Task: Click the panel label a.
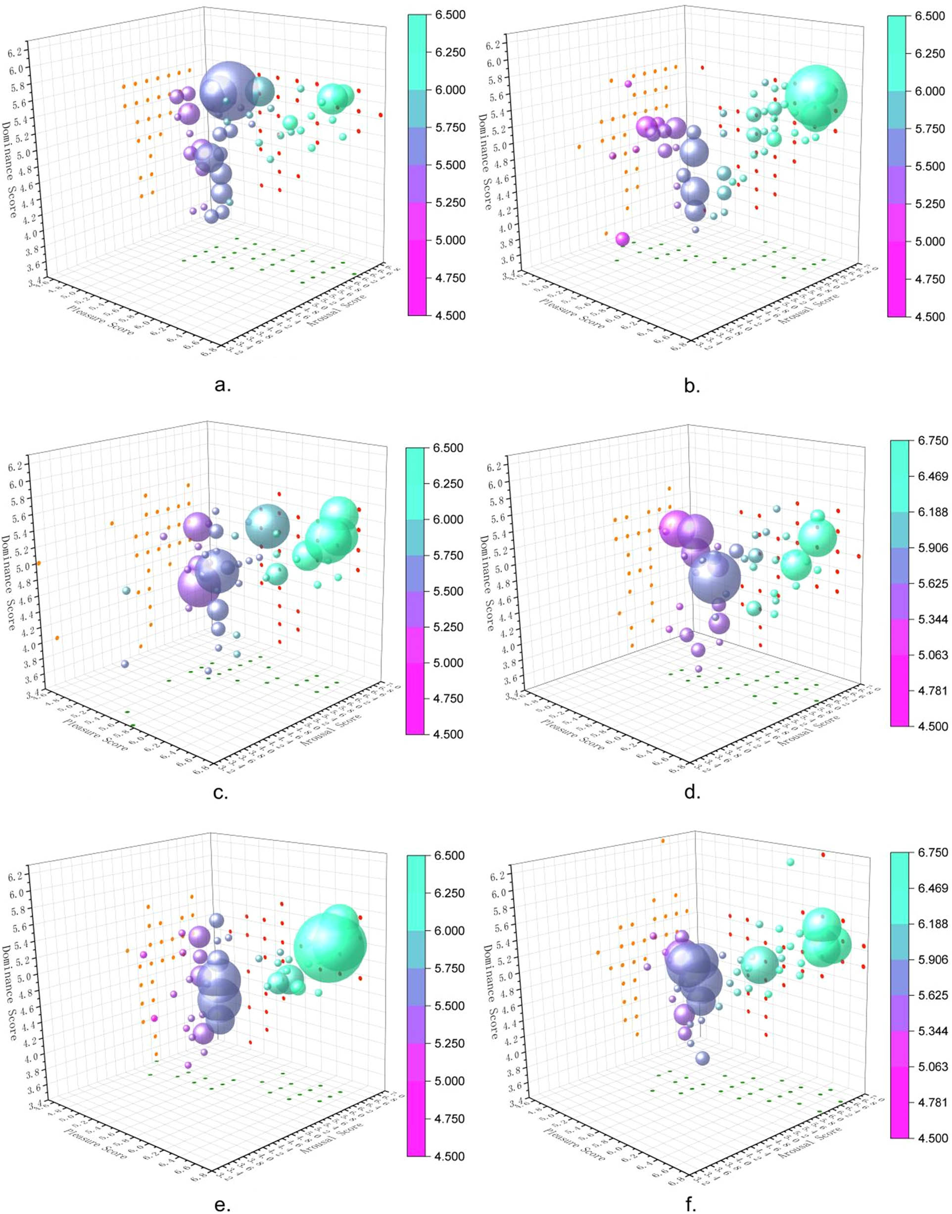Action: [222, 385]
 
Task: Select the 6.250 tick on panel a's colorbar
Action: [449, 52]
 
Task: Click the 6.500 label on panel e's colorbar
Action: [449, 856]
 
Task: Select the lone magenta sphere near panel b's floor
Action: [622, 239]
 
